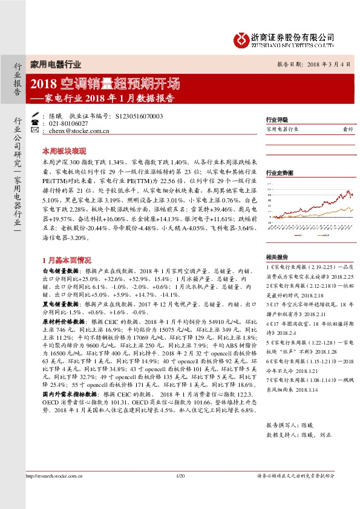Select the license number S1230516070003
pos(138,115)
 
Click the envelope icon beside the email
pos(35,131)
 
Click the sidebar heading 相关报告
pos(277,256)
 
